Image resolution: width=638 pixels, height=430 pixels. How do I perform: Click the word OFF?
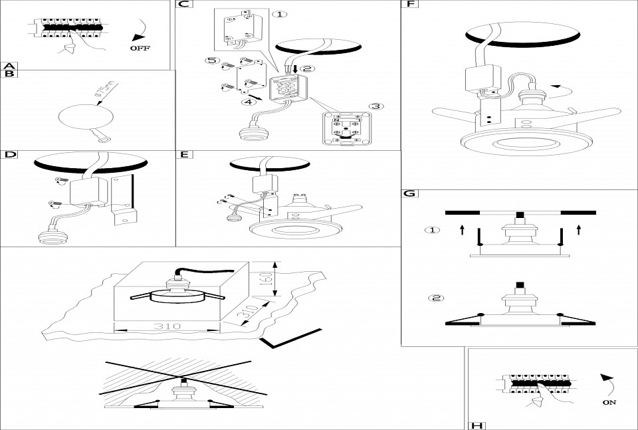[140, 49]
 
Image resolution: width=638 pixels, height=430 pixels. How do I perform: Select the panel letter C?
[183, 5]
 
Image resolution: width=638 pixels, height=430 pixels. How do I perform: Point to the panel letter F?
[410, 5]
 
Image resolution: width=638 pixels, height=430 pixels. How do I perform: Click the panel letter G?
[410, 193]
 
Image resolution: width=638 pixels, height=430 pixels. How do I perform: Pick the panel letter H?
[476, 425]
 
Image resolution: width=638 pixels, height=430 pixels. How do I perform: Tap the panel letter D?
[9, 155]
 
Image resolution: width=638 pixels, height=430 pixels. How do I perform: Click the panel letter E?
[184, 155]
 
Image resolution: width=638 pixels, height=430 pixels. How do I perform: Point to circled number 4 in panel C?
[247, 102]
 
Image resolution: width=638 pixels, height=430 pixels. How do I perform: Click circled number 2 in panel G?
[436, 297]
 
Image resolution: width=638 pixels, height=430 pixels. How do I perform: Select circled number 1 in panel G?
[433, 231]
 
